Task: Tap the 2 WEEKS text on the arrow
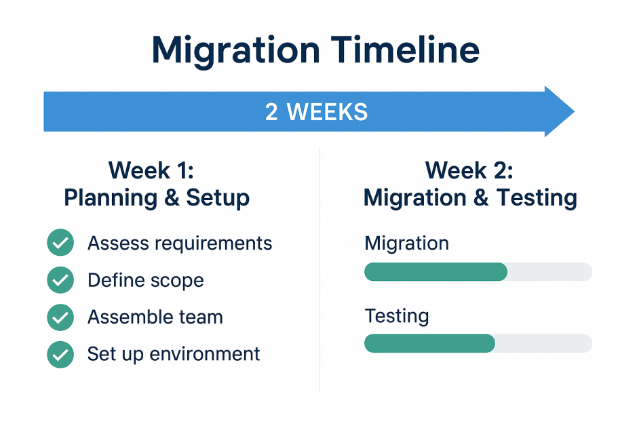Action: click(316, 112)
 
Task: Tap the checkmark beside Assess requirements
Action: click(60, 243)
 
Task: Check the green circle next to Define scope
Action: click(60, 280)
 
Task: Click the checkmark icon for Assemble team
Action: click(60, 317)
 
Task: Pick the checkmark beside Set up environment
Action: click(60, 354)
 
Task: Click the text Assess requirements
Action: click(180, 244)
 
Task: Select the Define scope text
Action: click(146, 280)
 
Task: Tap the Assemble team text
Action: click(155, 317)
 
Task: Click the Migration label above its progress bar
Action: click(406, 244)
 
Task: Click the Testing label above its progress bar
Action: click(397, 316)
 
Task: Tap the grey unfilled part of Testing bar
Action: click(543, 343)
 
